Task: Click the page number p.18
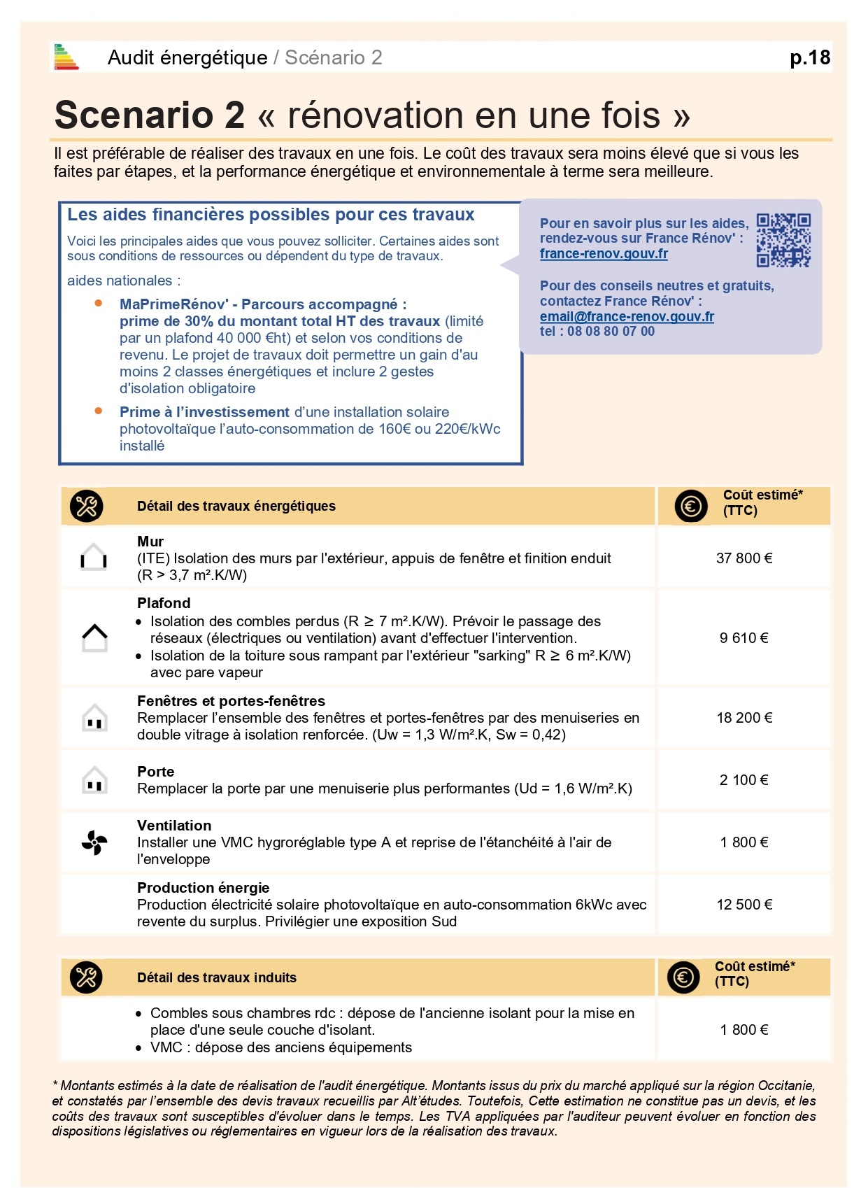tap(809, 57)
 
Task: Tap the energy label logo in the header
tap(66, 57)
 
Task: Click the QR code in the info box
tap(783, 240)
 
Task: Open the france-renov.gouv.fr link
tap(604, 254)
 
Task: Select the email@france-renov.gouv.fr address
tap(627, 316)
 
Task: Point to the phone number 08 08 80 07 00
tap(610, 332)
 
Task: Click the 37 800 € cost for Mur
tap(744, 558)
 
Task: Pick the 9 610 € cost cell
tap(744, 638)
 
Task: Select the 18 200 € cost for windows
tap(744, 718)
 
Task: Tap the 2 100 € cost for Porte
tap(744, 780)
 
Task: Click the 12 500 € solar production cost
tap(744, 905)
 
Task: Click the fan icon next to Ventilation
tap(94, 842)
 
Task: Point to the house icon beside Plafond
tap(94, 637)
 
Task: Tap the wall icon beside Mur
tap(94, 558)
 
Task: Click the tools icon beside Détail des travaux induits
tap(86, 977)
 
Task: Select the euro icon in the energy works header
tap(691, 506)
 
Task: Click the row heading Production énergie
tap(203, 888)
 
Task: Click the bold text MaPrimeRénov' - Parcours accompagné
tap(262, 304)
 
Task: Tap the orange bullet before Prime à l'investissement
tap(99, 411)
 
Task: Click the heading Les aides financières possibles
tap(271, 215)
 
